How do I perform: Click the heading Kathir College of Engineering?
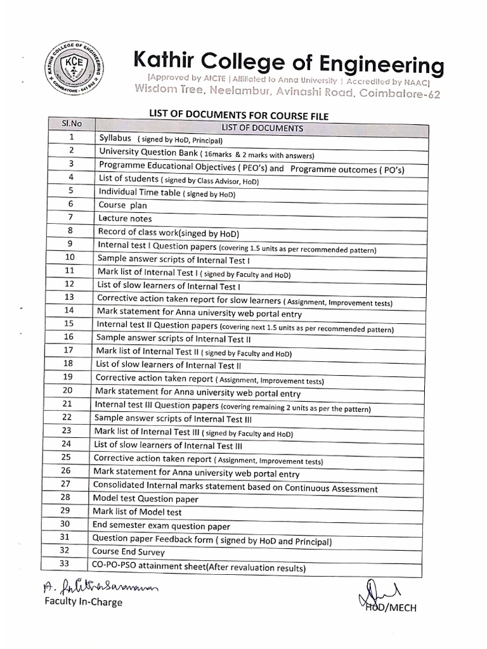point(289,64)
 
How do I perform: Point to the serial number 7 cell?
point(71,217)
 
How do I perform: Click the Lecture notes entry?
point(125,218)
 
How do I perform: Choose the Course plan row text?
point(122,205)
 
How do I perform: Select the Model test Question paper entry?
point(145,499)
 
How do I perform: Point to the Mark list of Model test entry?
point(137,511)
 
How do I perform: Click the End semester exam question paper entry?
point(161,525)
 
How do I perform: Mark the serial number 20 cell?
point(67,390)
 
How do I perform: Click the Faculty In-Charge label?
point(82,601)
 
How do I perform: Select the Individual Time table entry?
point(167,191)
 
